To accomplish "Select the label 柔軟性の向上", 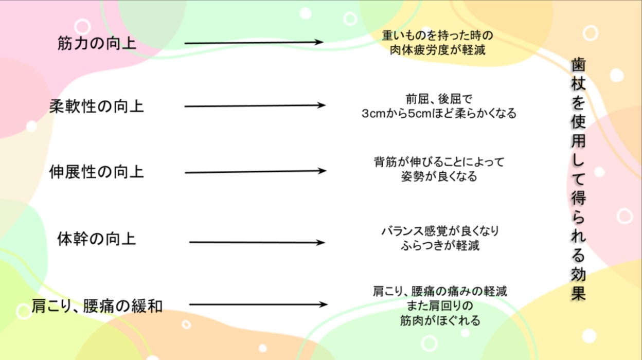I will tap(97, 106).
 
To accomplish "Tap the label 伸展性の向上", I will tap(97, 171).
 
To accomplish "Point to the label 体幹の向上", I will tap(97, 240).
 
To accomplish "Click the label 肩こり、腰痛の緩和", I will tap(97, 307).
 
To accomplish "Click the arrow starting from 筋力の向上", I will tap(254, 43).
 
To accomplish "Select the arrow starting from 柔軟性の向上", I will tap(255, 106).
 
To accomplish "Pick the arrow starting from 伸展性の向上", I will tap(255, 171).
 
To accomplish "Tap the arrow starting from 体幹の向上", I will tap(257, 242).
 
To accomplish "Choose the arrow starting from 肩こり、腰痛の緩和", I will tap(258, 304).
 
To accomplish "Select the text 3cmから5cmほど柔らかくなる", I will tap(439, 114).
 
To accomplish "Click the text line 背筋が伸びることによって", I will tap(439, 163).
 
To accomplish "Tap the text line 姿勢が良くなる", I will tap(439, 177).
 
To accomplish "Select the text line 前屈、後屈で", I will tap(439, 99).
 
